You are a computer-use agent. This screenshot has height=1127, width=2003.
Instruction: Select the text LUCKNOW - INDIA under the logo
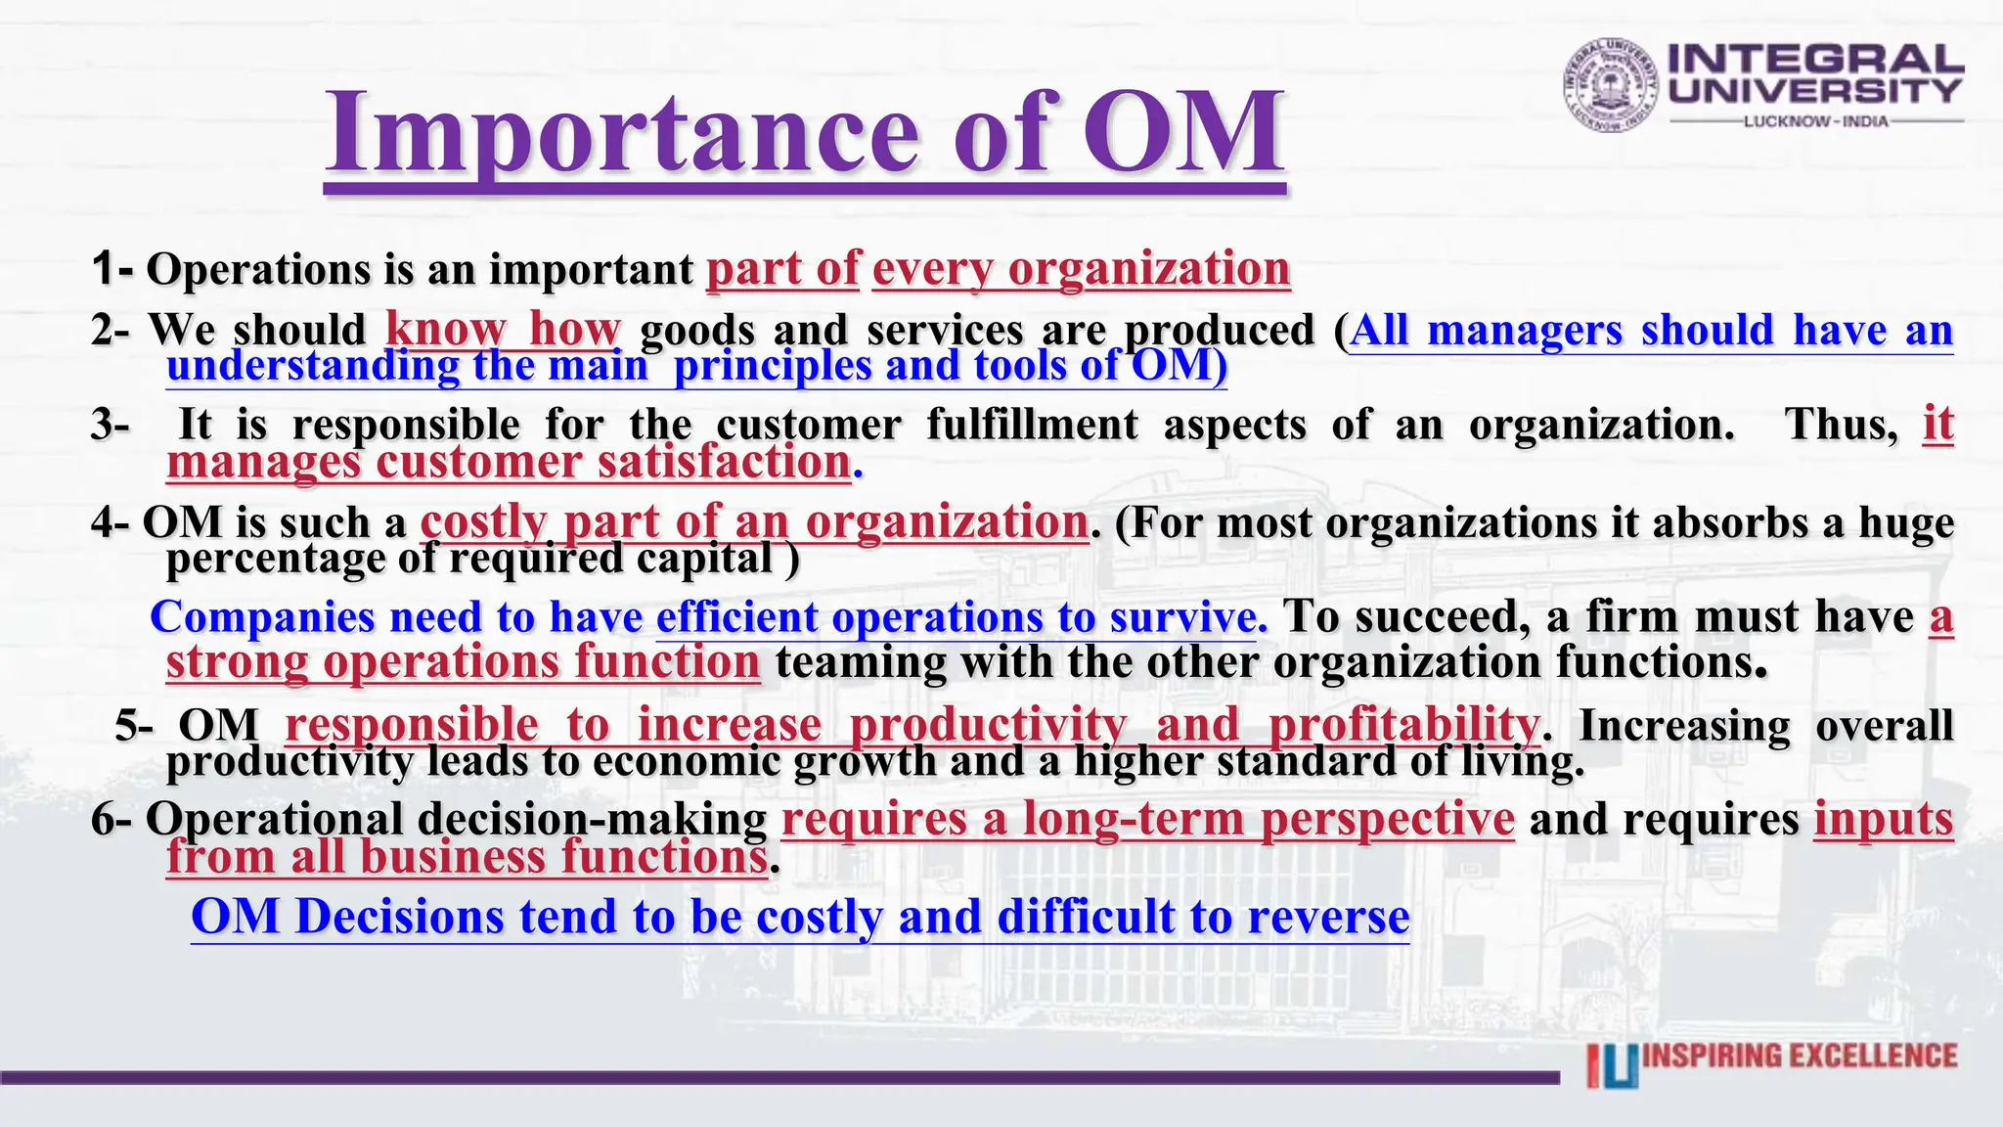click(x=1816, y=121)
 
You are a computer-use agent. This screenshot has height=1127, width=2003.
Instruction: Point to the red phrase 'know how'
click(x=503, y=330)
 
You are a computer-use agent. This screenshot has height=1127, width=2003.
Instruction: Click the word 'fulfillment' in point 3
click(x=1032, y=425)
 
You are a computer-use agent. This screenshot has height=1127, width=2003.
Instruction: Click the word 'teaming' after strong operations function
click(x=861, y=662)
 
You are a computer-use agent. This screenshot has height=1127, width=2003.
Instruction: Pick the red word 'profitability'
click(x=1403, y=725)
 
